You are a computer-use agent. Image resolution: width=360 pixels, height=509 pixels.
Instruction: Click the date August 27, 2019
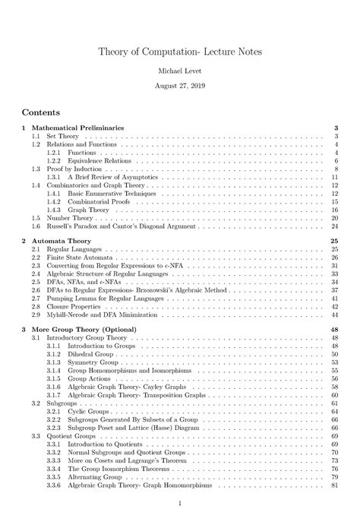pos(180,88)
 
